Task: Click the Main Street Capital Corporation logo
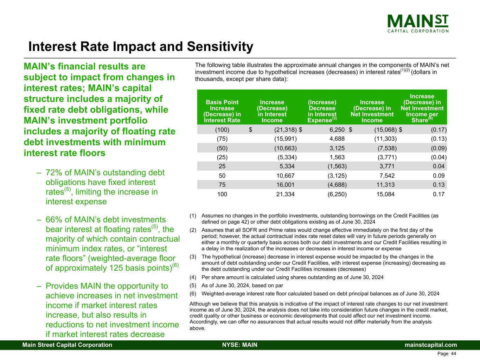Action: click(418, 23)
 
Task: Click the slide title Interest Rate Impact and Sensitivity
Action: click(141, 47)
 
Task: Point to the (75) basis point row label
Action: click(222, 139)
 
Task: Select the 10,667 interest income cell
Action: click(284, 176)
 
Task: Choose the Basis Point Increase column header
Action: click(222, 111)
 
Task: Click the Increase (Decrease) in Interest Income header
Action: click(272, 111)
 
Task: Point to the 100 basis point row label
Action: click(222, 194)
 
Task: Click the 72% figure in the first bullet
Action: click(53, 173)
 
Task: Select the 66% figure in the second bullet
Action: click(53, 220)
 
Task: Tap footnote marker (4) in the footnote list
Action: click(193, 277)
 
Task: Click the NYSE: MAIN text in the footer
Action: click(240, 345)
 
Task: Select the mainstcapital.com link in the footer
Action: click(431, 345)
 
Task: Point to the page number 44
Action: click(453, 354)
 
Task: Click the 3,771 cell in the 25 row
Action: click(387, 167)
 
